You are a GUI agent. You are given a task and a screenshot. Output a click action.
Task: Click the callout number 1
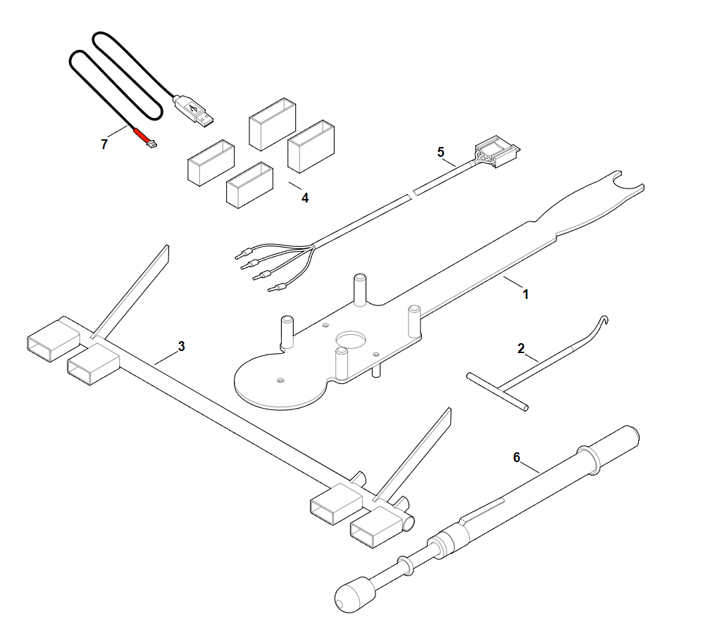pyautogui.click(x=525, y=294)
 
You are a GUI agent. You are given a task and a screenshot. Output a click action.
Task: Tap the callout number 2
pyautogui.click(x=521, y=348)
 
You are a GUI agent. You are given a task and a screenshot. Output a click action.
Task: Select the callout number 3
pyautogui.click(x=181, y=346)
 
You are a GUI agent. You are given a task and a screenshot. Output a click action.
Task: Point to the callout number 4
pyautogui.click(x=305, y=198)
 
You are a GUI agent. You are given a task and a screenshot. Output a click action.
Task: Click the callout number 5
pyautogui.click(x=441, y=152)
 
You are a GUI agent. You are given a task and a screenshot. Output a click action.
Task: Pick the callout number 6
pyautogui.click(x=516, y=457)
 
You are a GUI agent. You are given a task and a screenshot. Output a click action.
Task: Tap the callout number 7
pyautogui.click(x=104, y=144)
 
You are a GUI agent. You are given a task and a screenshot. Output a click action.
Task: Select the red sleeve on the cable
pyautogui.click(x=141, y=136)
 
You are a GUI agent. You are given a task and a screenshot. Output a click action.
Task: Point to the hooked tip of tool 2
pyautogui.click(x=604, y=320)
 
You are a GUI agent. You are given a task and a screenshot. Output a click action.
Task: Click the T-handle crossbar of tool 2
pyautogui.click(x=497, y=391)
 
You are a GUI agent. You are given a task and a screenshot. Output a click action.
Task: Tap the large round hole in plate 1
pyautogui.click(x=351, y=339)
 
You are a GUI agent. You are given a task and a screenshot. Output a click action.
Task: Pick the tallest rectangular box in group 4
pyautogui.click(x=272, y=124)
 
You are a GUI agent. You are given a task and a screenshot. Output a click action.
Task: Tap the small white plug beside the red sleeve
pyautogui.click(x=152, y=144)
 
